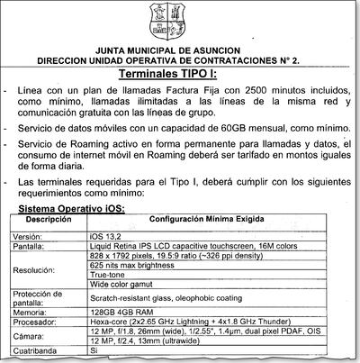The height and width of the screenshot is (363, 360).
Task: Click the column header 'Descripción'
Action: coord(48,219)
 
